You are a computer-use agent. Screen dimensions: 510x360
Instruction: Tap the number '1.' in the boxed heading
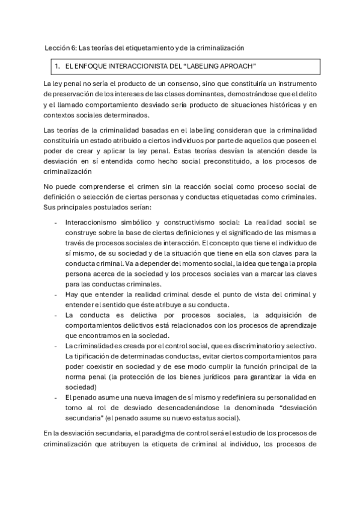pyautogui.click(x=56, y=66)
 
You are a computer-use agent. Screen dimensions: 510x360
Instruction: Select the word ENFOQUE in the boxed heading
pyautogui.click(x=93, y=66)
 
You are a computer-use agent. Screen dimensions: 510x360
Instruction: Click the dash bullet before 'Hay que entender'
pyautogui.click(x=55, y=295)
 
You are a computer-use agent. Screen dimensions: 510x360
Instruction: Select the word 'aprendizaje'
pyautogui.click(x=304, y=325)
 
